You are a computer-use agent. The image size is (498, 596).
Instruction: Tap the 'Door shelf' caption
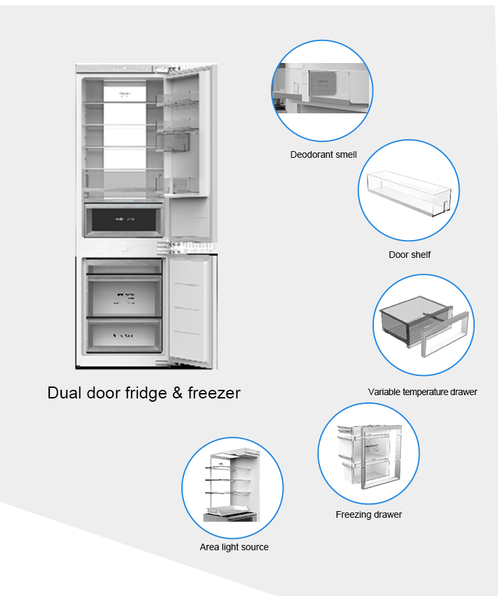tap(410, 255)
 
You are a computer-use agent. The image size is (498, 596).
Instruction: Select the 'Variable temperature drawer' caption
tap(422, 392)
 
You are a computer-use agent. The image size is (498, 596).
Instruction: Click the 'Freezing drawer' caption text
tap(369, 514)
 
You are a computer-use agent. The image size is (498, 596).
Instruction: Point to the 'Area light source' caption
tap(234, 547)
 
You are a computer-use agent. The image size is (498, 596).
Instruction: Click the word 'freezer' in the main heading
tap(214, 392)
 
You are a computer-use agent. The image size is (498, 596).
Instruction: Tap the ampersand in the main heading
tap(177, 392)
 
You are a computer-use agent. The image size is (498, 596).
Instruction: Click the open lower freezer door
tap(190, 308)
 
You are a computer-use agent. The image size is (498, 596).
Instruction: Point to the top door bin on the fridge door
tap(178, 98)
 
